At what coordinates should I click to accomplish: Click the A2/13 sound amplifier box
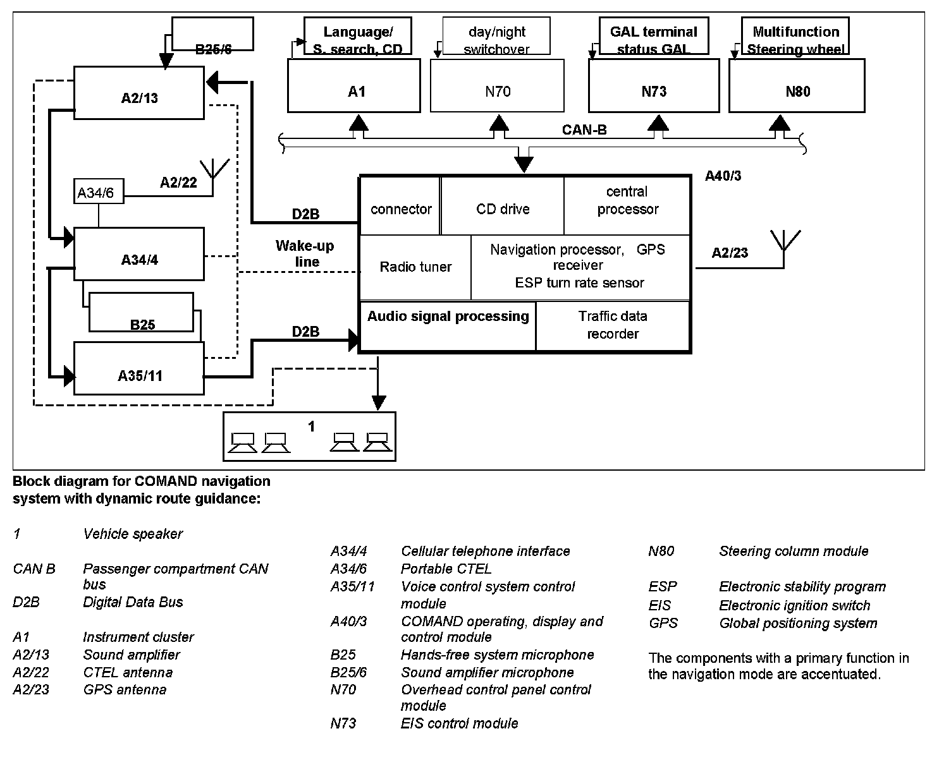pos(139,93)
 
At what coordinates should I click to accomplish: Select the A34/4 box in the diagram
pos(139,254)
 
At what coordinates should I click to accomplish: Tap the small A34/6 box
pos(98,192)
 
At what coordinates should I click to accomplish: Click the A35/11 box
pos(139,368)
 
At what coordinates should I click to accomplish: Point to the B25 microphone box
pos(142,312)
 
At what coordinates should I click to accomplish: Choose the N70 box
pos(497,86)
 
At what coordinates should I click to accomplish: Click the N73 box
pos(654,86)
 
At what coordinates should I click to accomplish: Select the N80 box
pos(797,86)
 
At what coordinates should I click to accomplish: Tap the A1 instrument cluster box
pos(354,86)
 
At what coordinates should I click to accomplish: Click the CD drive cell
pos(503,207)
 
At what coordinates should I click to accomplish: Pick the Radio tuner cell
pos(415,267)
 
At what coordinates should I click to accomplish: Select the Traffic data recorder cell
pos(613,325)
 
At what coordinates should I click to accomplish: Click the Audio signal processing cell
pos(448,325)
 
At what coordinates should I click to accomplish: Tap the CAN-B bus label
pos(584,130)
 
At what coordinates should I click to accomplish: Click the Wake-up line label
pos(305,254)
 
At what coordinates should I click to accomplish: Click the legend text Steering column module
pos(794,552)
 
